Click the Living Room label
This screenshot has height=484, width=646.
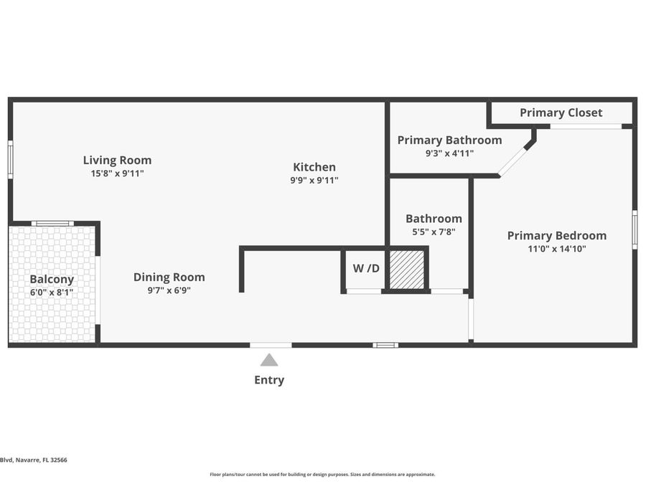point(117,160)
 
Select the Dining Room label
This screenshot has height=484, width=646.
point(169,277)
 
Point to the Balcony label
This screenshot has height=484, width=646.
point(52,279)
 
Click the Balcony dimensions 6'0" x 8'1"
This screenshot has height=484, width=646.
point(52,293)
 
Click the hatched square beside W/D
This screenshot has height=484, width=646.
point(406,270)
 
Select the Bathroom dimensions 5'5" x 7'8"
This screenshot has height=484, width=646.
point(434,232)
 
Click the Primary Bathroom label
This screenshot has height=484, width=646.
point(449,140)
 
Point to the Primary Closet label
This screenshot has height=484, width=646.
point(561,113)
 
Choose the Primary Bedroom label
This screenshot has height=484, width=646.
point(556,235)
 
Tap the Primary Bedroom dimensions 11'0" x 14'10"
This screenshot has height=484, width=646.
point(556,250)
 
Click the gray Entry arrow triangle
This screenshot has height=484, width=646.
point(269,360)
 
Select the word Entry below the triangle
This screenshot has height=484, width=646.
point(269,380)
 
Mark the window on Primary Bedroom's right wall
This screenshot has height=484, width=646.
point(634,229)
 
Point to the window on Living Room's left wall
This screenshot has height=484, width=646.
point(10,159)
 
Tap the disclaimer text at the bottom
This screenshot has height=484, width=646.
point(322,474)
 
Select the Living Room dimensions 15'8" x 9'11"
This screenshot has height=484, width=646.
point(117,174)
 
